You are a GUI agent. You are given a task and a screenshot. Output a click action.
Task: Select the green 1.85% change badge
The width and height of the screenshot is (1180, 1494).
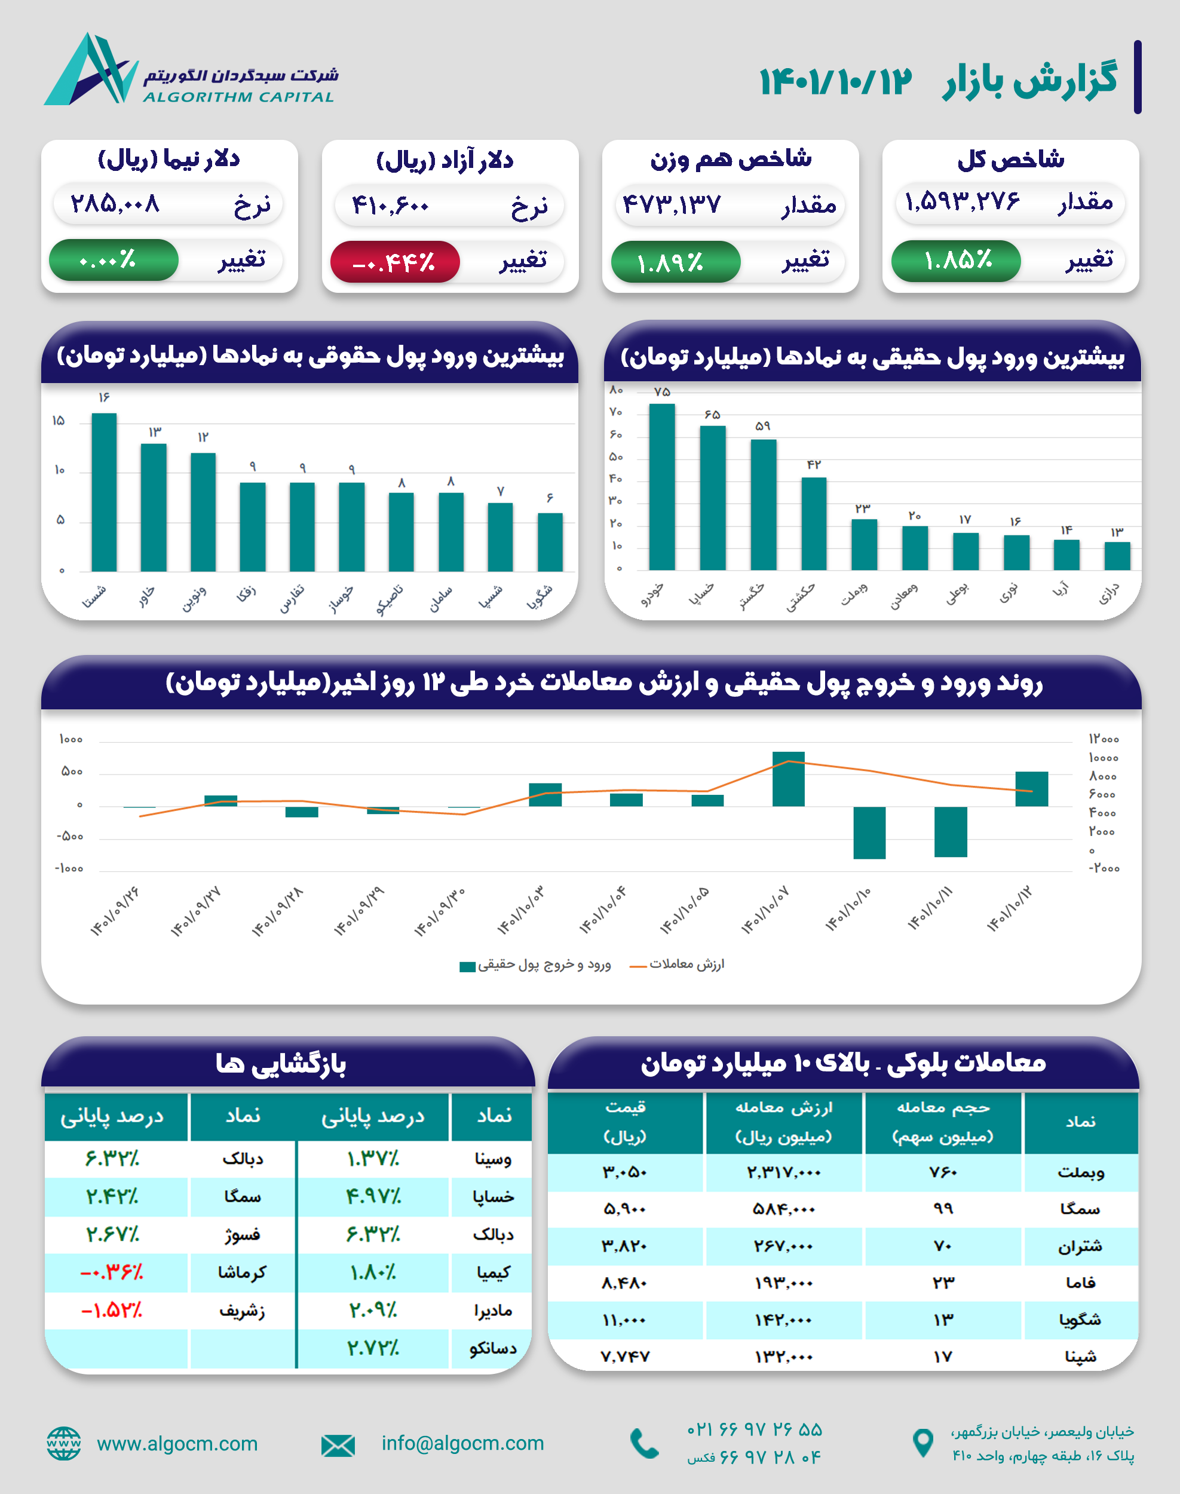click(955, 261)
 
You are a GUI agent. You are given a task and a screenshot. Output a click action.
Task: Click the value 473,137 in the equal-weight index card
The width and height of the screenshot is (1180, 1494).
click(672, 204)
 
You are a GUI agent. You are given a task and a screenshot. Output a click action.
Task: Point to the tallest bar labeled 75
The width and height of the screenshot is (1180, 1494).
click(662, 486)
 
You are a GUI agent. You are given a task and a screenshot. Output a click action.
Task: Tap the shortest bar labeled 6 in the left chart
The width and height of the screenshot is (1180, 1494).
click(550, 542)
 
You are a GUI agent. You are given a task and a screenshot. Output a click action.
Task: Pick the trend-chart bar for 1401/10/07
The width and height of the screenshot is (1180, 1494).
click(788, 779)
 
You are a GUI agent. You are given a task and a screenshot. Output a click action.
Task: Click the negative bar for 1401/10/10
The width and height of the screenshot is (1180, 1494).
click(869, 832)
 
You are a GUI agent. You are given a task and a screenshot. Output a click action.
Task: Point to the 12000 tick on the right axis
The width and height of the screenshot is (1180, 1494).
click(1104, 739)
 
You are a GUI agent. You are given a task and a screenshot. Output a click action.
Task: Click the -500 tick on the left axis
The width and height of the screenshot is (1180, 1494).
click(70, 837)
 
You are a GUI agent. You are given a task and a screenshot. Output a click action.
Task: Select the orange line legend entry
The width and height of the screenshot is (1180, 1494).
click(677, 965)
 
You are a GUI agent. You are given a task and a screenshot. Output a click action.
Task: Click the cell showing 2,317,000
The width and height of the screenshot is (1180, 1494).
click(783, 1172)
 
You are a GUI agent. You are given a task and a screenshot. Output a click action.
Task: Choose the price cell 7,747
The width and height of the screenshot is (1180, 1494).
click(625, 1357)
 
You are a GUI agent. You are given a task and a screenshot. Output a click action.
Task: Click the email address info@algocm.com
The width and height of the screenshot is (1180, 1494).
click(463, 1444)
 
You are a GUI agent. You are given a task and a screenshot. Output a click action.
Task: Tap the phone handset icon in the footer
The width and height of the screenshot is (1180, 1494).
click(645, 1444)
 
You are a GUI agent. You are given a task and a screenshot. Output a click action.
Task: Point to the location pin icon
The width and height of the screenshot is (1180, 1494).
click(922, 1444)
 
